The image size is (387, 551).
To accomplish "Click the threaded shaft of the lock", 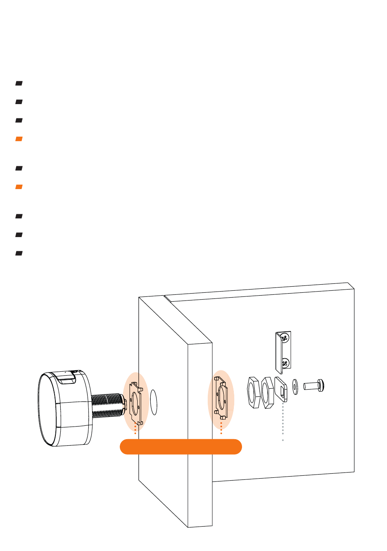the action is [107, 405].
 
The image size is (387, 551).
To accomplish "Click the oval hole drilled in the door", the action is [154, 403].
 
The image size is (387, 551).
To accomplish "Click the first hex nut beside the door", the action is [254, 392].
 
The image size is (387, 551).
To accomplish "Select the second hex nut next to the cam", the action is [267, 393].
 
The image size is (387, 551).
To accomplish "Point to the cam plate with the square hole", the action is [281, 390].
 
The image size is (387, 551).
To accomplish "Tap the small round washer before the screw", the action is [295, 386].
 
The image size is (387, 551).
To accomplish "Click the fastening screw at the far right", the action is [314, 385].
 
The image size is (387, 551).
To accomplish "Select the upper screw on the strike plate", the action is [285, 337].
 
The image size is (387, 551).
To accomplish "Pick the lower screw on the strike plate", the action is [286, 362].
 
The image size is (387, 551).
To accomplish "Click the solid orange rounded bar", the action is [181, 446].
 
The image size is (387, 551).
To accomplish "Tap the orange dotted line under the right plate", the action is [221, 428].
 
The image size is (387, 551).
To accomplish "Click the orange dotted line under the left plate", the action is [135, 429].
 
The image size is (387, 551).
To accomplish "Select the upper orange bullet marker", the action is [19, 139].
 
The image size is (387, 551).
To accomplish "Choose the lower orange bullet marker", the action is [19, 187].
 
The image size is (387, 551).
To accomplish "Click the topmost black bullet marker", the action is [19, 83].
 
